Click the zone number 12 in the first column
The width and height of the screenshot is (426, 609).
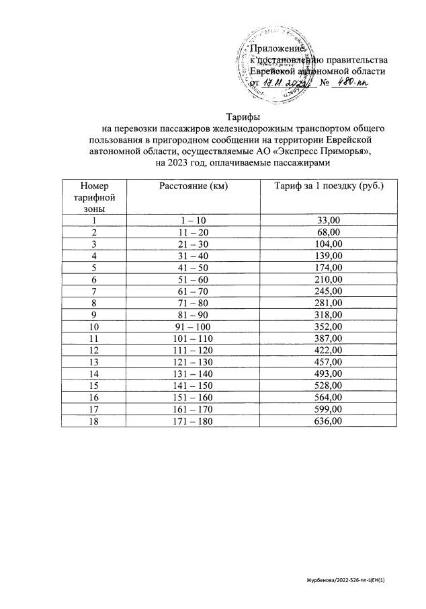(95, 350)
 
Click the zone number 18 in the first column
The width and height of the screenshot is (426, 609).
(95, 421)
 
